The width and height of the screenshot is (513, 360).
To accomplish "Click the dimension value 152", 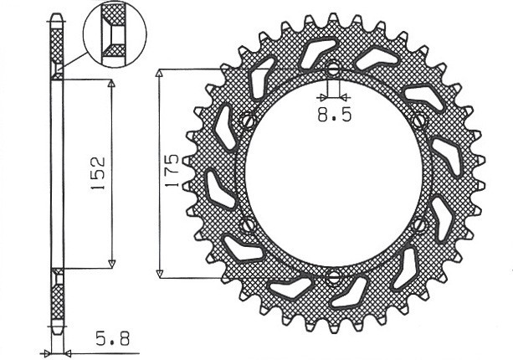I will (x=97, y=174).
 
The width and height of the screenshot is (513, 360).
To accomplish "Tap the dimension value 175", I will (x=172, y=173).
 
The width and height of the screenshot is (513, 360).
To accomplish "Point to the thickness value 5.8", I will (x=111, y=342).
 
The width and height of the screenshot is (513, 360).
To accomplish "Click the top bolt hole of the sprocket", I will (x=333, y=70).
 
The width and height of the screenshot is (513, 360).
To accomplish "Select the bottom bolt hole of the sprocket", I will (x=333, y=278).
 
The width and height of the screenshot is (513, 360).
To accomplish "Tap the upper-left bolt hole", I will (x=247, y=121).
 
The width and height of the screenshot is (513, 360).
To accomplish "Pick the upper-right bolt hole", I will (x=419, y=121).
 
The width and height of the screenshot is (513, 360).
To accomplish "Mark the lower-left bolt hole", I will (x=247, y=226).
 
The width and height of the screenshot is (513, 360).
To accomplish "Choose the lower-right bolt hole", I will (x=419, y=225).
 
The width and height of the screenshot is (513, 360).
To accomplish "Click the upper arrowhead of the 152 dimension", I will (x=110, y=85).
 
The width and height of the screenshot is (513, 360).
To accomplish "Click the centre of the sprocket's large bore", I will (x=333, y=174).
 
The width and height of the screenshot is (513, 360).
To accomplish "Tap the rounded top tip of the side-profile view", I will (x=56, y=17).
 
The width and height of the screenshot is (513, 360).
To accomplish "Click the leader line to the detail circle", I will (x=75, y=65).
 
